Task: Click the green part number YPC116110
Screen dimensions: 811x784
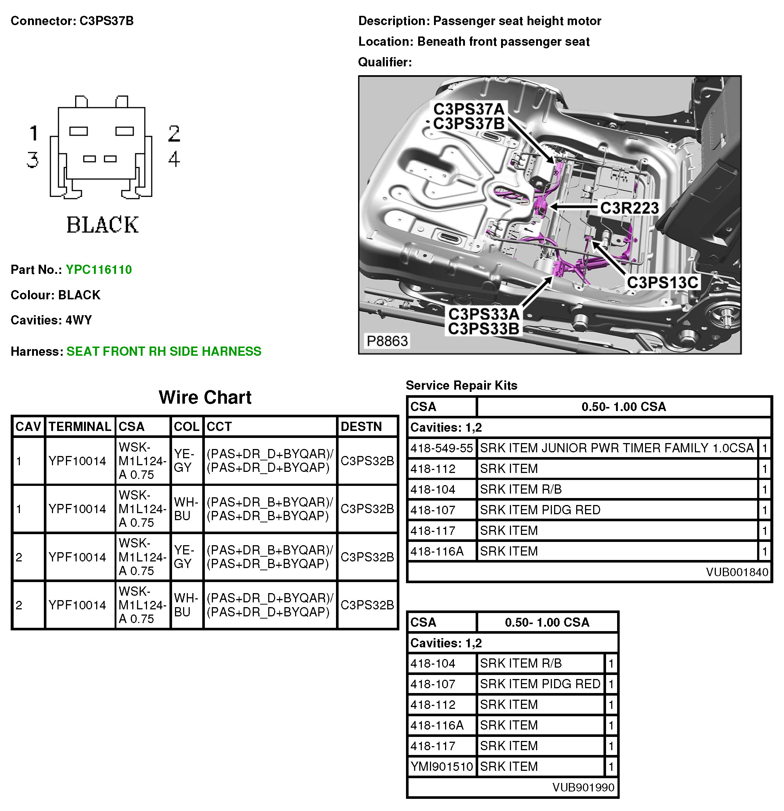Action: coord(98,270)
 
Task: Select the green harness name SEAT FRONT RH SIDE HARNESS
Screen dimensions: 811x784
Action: coord(164,351)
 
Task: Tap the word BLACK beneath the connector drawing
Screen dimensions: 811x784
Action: coord(102,225)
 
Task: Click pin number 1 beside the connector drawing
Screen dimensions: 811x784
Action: coord(34,133)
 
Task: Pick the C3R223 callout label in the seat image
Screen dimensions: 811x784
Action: coord(629,208)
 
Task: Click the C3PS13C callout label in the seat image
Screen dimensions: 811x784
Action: coord(662,283)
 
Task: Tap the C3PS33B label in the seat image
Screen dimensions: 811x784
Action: coord(483,329)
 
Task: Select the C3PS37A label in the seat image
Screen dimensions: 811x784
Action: coord(469,109)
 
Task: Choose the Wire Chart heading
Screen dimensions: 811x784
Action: coord(205,397)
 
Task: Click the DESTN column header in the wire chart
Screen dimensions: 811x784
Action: coord(361,427)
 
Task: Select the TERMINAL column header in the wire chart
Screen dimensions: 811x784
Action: coord(80,427)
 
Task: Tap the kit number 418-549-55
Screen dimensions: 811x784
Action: coord(441,448)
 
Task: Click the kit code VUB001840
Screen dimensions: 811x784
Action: coord(737,572)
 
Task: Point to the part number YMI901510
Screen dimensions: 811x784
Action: coord(441,767)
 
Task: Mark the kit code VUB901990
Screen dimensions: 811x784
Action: coord(583,787)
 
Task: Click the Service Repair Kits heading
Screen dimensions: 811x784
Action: coord(462,386)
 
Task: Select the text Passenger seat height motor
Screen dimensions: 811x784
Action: coord(517,21)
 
